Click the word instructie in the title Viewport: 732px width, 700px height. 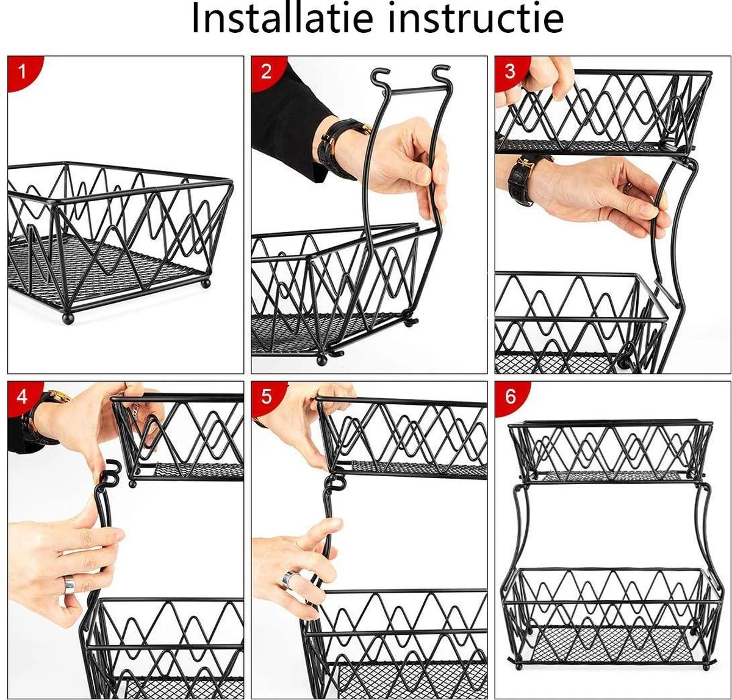[x=475, y=19]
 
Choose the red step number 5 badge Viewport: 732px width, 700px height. [x=267, y=396]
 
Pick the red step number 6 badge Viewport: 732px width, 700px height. [x=510, y=396]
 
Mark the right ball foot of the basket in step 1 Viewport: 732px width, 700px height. [x=205, y=283]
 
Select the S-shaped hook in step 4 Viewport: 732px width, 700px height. [x=109, y=474]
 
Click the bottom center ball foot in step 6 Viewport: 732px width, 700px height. [x=520, y=666]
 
